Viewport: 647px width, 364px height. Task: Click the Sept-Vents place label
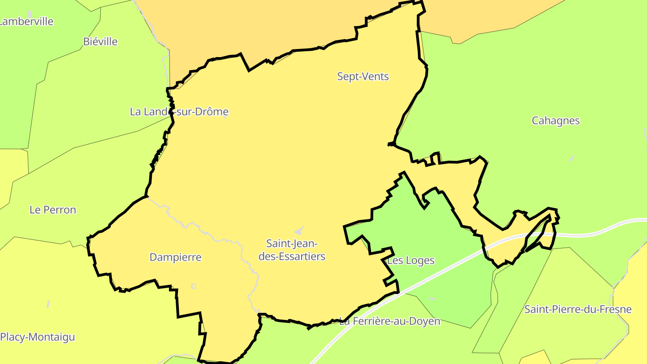[x=363, y=76]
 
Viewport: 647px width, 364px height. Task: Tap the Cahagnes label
[x=555, y=120]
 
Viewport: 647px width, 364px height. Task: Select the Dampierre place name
[x=175, y=257]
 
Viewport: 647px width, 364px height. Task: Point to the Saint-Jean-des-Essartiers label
[x=295, y=250]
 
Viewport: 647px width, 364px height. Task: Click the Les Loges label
[x=411, y=260]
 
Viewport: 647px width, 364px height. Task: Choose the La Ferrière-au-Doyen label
[x=390, y=321]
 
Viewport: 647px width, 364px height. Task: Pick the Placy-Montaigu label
[x=37, y=337]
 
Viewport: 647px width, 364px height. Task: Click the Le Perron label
[x=53, y=210]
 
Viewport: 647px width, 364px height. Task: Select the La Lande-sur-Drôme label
[x=179, y=111]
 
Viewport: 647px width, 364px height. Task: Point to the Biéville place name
[x=100, y=42]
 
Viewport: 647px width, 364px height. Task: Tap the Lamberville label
[x=26, y=22]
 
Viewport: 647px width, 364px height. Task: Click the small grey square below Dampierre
[x=194, y=286]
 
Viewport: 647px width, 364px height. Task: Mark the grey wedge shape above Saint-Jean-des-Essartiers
[x=299, y=231]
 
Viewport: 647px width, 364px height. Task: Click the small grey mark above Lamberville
[x=30, y=14]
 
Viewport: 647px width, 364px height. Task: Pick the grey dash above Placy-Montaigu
[x=48, y=304]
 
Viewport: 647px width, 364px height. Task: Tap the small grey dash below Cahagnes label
[x=572, y=159]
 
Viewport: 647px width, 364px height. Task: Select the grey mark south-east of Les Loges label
[x=432, y=299]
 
